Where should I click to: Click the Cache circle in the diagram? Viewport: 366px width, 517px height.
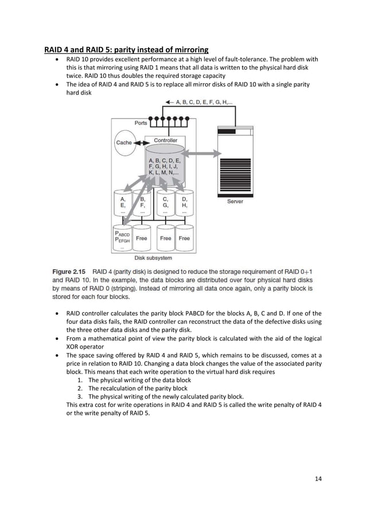pyautogui.click(x=124, y=143)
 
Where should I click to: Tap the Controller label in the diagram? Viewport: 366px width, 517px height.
pyautogui.click(x=165, y=140)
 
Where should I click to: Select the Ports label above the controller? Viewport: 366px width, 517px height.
pyautogui.click(x=141, y=123)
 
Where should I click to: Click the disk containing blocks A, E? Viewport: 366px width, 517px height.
pyautogui.click(x=123, y=204)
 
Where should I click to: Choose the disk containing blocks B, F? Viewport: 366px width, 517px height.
pyautogui.click(x=142, y=204)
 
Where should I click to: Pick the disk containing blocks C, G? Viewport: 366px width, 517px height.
pyautogui.click(x=165, y=204)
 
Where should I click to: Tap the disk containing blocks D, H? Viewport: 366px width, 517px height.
pyautogui.click(x=184, y=204)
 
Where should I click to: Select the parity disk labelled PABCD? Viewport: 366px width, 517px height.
pyautogui.click(x=123, y=239)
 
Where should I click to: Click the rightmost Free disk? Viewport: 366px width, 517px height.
pyautogui.click(x=184, y=238)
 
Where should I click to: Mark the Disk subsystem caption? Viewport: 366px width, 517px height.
pyautogui.click(x=153, y=258)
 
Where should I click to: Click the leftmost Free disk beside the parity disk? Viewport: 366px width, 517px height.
pyautogui.click(x=142, y=238)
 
